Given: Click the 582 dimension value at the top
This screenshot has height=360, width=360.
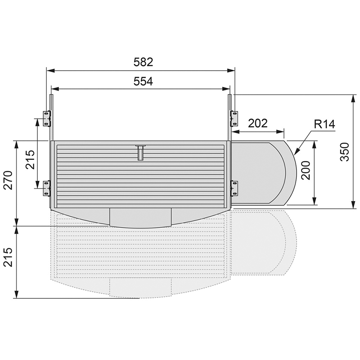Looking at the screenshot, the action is [x=143, y=62].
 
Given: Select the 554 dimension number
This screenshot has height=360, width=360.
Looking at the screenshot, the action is [x=143, y=81].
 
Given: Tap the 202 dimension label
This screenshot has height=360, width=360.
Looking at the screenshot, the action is [x=258, y=123].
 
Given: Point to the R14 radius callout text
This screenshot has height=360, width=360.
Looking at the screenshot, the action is [x=324, y=124].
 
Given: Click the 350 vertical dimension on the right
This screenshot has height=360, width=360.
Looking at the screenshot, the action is [x=344, y=152].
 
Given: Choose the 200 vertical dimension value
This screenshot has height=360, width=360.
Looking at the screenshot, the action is [x=306, y=171].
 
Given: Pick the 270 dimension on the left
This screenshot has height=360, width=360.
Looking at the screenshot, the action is [x=9, y=180].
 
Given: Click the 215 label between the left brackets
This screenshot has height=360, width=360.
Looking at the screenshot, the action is [x=30, y=160].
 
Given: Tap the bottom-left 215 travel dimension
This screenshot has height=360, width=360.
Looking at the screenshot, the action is [x=9, y=257].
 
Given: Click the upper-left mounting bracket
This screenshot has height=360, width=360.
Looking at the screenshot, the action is [x=47, y=118].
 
